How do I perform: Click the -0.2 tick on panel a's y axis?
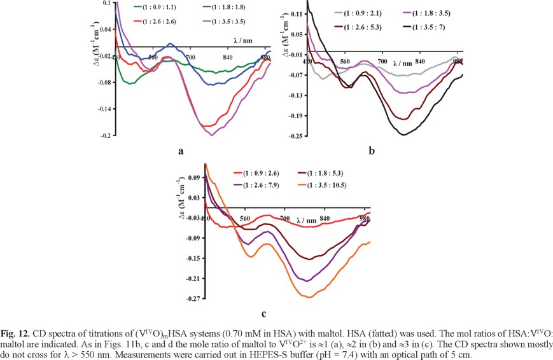coord(105,136)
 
